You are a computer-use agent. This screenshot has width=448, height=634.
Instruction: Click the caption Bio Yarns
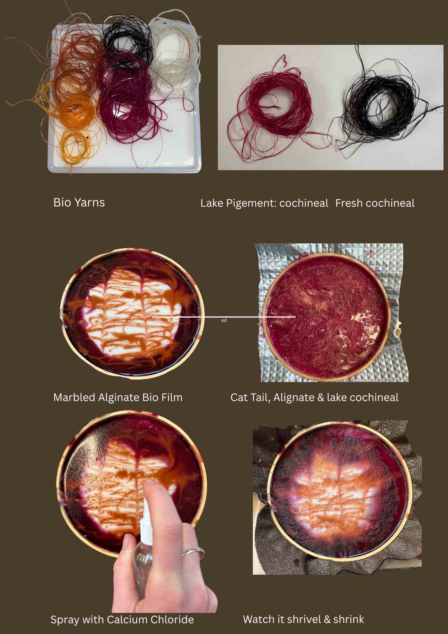(79, 203)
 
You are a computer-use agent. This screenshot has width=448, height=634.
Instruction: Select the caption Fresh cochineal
(375, 203)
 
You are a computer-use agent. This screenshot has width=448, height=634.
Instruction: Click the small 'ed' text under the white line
(224, 321)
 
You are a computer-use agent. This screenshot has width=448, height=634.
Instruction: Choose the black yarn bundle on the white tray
(128, 40)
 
